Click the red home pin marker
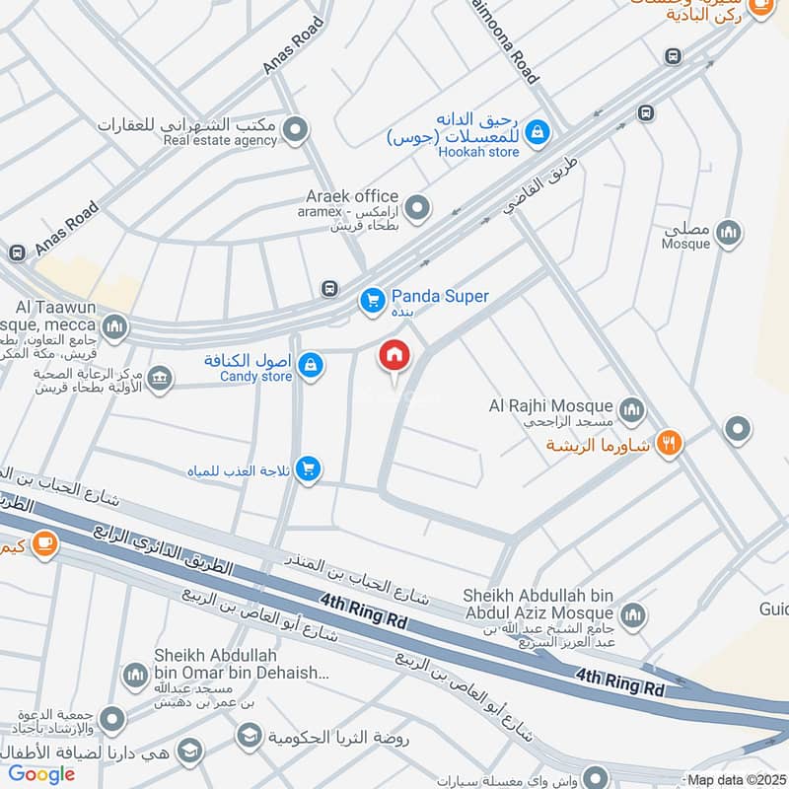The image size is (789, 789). pos(394,356)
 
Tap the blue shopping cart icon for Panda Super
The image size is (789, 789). pos(372,299)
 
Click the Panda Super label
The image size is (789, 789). pos(440,296)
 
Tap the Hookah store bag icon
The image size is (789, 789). pos(536,129)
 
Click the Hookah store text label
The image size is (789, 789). pos(478,152)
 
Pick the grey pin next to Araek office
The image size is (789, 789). pos(419,207)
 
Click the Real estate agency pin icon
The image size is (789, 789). pos(294,129)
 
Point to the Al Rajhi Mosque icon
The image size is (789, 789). pos(631,407)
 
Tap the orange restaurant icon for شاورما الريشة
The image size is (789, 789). pos(671,444)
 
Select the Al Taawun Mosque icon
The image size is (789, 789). pos(115,326)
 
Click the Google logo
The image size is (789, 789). pos(42,774)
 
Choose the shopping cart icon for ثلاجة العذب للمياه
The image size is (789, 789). pos(309,468)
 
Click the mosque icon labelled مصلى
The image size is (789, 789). pos(729,234)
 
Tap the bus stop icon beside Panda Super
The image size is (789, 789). pos(329,289)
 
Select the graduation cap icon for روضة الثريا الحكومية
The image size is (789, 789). pos(249,735)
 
